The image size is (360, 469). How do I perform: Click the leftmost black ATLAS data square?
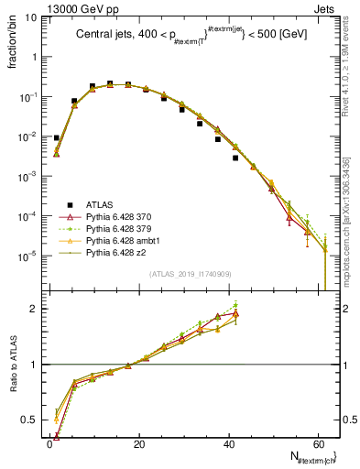[57, 138]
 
